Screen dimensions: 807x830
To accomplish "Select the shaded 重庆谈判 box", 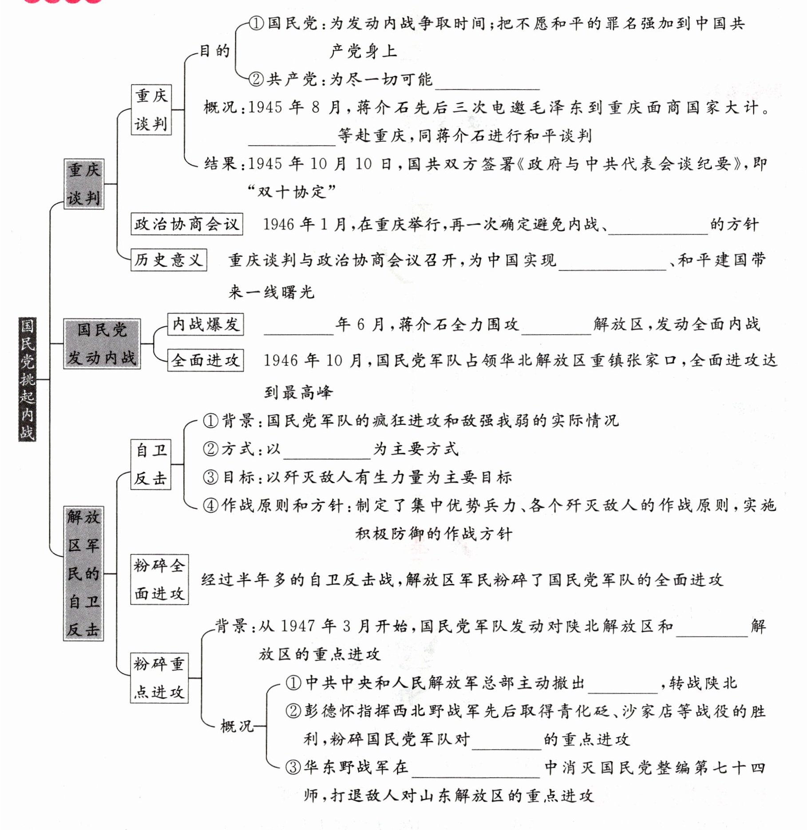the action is (x=84, y=184).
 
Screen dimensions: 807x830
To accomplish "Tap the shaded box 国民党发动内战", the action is (x=102, y=344).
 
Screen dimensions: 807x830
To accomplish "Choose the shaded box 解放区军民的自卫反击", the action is (x=83, y=573).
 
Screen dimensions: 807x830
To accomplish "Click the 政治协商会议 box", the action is (x=187, y=224).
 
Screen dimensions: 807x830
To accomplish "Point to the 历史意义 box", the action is (x=169, y=260).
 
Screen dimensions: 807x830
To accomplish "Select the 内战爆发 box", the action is (x=206, y=324).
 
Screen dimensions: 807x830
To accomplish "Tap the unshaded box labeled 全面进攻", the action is (x=206, y=360).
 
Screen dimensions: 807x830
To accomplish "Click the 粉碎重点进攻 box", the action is (x=159, y=678).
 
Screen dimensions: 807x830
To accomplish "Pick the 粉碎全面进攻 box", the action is (x=159, y=579).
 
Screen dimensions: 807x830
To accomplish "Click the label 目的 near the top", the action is (x=214, y=51).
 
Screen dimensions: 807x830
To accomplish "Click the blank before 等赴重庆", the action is (x=292, y=140).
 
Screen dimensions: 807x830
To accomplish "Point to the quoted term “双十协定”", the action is (x=292, y=192).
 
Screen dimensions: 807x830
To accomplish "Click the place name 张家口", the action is (x=652, y=360).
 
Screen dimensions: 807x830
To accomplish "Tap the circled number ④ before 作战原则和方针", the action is (x=210, y=506).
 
